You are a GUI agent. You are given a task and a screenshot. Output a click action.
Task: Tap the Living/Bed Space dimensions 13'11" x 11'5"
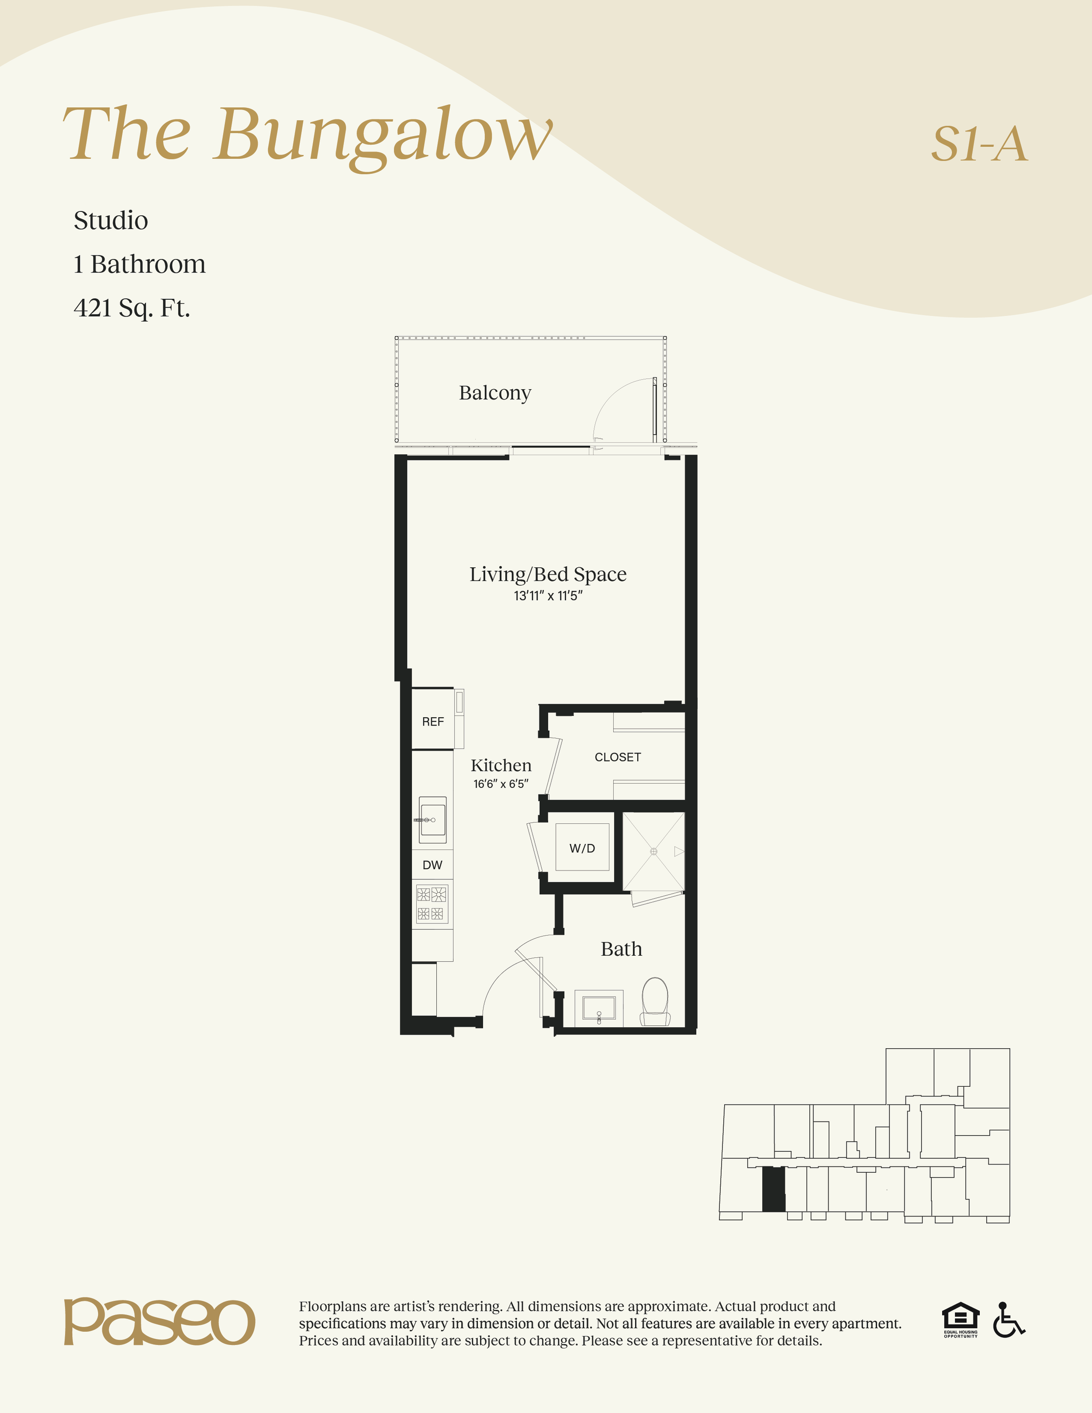pyautogui.click(x=548, y=596)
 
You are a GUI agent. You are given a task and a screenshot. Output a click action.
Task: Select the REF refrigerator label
pyautogui.click(x=433, y=722)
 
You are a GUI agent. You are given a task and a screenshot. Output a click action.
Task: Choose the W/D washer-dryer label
pyautogui.click(x=582, y=848)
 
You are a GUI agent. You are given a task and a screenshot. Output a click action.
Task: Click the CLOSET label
pyautogui.click(x=618, y=757)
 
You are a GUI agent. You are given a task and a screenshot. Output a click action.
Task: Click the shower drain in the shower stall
pyautogui.click(x=653, y=851)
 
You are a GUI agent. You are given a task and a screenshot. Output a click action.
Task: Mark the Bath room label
pyautogui.click(x=621, y=949)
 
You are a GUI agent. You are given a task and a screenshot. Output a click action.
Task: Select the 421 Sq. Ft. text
pyautogui.click(x=132, y=308)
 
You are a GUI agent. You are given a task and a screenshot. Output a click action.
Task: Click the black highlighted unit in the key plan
pyautogui.click(x=774, y=1189)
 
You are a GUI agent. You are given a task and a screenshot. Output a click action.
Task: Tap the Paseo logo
pyautogui.click(x=159, y=1322)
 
